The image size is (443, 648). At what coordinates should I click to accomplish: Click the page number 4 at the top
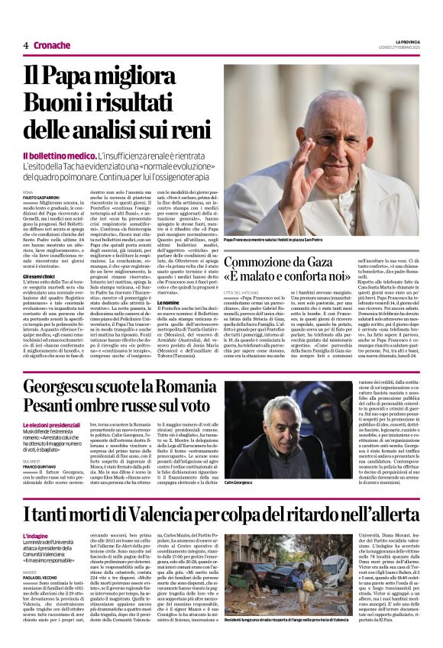[x=25, y=45]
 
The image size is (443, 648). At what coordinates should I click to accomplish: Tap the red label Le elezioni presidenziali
[x=53, y=424]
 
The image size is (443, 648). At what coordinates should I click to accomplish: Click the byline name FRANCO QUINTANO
[x=40, y=467]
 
